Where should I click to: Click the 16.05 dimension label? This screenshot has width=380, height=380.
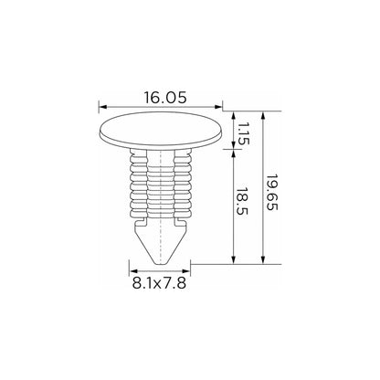[164, 98]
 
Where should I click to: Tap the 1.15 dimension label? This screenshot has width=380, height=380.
[243, 133]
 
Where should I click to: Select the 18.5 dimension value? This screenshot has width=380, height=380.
[242, 201]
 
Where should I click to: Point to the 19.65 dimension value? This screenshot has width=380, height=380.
[272, 193]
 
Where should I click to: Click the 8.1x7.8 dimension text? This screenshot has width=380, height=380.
[159, 283]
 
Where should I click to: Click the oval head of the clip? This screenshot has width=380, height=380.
[161, 131]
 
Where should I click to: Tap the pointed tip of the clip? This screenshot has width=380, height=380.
[160, 263]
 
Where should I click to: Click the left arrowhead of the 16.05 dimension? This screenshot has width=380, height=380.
[102, 107]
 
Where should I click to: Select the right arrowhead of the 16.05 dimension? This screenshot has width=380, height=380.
[218, 107]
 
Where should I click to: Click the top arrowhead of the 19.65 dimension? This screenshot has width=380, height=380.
[263, 115]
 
